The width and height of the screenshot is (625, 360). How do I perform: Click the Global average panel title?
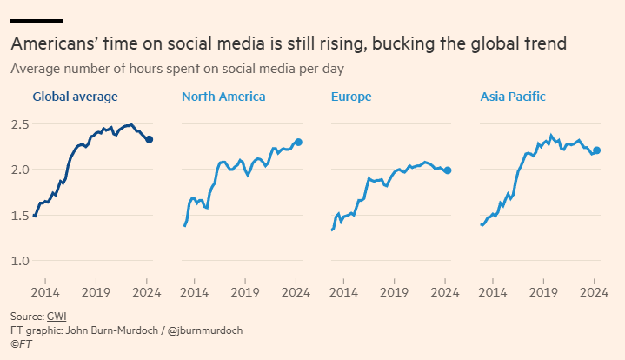75,97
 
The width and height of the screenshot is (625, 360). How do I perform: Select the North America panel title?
223,97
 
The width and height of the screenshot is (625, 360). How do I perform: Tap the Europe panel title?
351,97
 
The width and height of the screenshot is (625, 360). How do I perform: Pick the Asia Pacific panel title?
513,97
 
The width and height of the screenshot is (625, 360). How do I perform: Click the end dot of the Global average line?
150,139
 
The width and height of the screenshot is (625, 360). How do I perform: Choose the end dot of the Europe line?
448,170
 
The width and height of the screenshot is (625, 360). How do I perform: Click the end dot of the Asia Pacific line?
596,150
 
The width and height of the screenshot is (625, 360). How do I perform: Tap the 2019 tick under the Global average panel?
97,292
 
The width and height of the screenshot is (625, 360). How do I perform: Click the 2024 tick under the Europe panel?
445,292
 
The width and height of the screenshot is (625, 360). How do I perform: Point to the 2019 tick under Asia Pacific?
544,292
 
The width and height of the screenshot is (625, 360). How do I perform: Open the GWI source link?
57,316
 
